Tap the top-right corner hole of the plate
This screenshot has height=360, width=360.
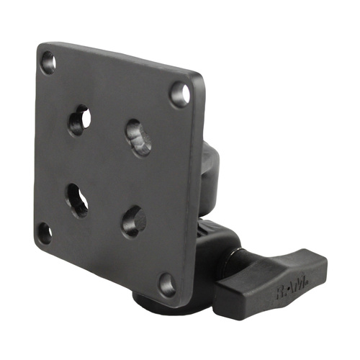point(180,94)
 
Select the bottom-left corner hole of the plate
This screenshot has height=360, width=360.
point(45,233)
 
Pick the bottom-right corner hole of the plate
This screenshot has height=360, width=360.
point(168,283)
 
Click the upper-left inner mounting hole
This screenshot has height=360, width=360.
point(79,120)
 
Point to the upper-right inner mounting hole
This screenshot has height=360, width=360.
point(138,137)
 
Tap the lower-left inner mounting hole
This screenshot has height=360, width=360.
point(78,199)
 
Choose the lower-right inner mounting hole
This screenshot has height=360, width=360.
point(133,221)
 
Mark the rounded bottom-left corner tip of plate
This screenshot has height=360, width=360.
point(37,245)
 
